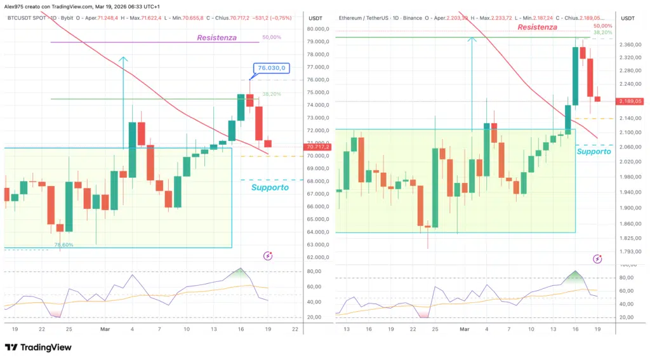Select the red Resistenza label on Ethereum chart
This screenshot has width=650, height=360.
click(537, 27)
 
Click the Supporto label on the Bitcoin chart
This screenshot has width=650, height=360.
click(270, 187)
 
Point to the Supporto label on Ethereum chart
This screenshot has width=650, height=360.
click(594, 151)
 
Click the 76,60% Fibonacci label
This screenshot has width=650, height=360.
click(63, 244)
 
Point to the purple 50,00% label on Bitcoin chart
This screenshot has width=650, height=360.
click(271, 37)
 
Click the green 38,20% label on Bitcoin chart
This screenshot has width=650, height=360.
click(271, 94)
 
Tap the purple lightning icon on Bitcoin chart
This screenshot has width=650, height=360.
click(268, 256)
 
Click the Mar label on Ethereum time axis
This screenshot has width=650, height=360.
click(464, 329)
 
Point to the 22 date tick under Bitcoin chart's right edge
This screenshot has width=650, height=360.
click(296, 329)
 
